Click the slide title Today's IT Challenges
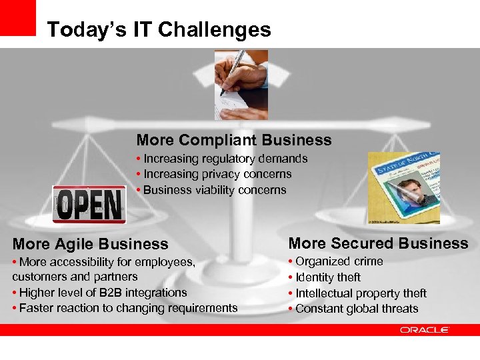coord(159,30)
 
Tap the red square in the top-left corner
coord(18,18)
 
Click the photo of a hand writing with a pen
coord(241,85)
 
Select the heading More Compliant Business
coord(233,140)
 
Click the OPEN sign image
coord(89,203)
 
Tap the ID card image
coord(403,187)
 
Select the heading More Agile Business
coord(90,244)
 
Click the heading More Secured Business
coord(378,243)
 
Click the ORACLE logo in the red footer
coord(425,330)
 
